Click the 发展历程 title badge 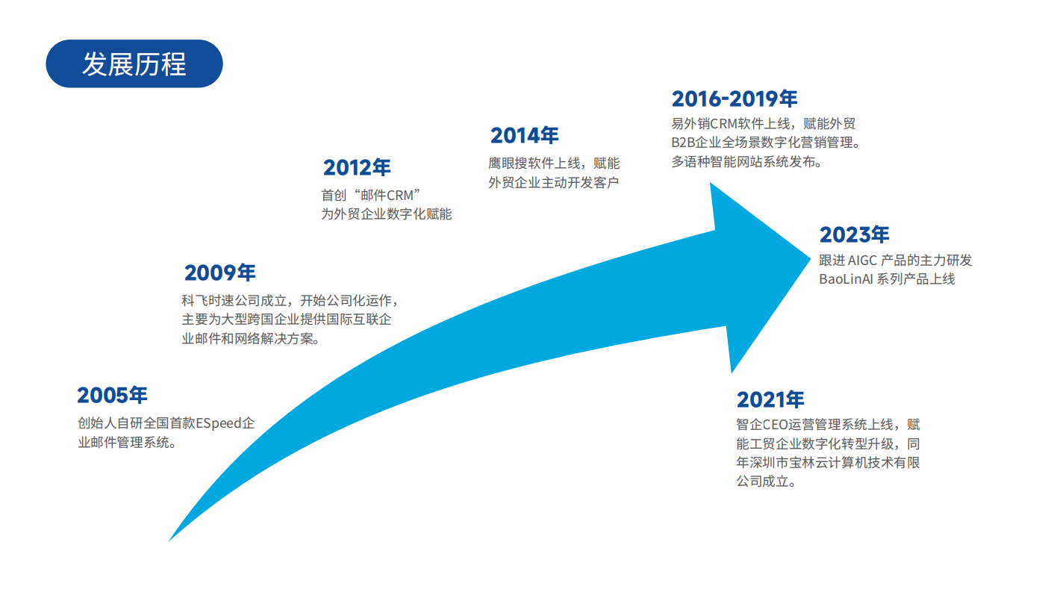click(134, 64)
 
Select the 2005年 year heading click(112, 395)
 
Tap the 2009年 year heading click(219, 272)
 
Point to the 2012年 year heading click(357, 167)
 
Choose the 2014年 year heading click(524, 136)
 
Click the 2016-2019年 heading click(735, 99)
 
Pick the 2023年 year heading click(854, 234)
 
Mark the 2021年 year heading click(770, 400)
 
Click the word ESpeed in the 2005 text click(218, 423)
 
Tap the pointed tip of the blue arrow click(810, 258)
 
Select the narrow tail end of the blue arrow click(169, 540)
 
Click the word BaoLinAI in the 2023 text click(846, 279)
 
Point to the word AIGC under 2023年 click(862, 261)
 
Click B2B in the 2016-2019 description click(683, 143)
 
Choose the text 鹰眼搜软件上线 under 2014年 click(534, 163)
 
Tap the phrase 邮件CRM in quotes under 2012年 click(387, 196)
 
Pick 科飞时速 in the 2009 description click(208, 301)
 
